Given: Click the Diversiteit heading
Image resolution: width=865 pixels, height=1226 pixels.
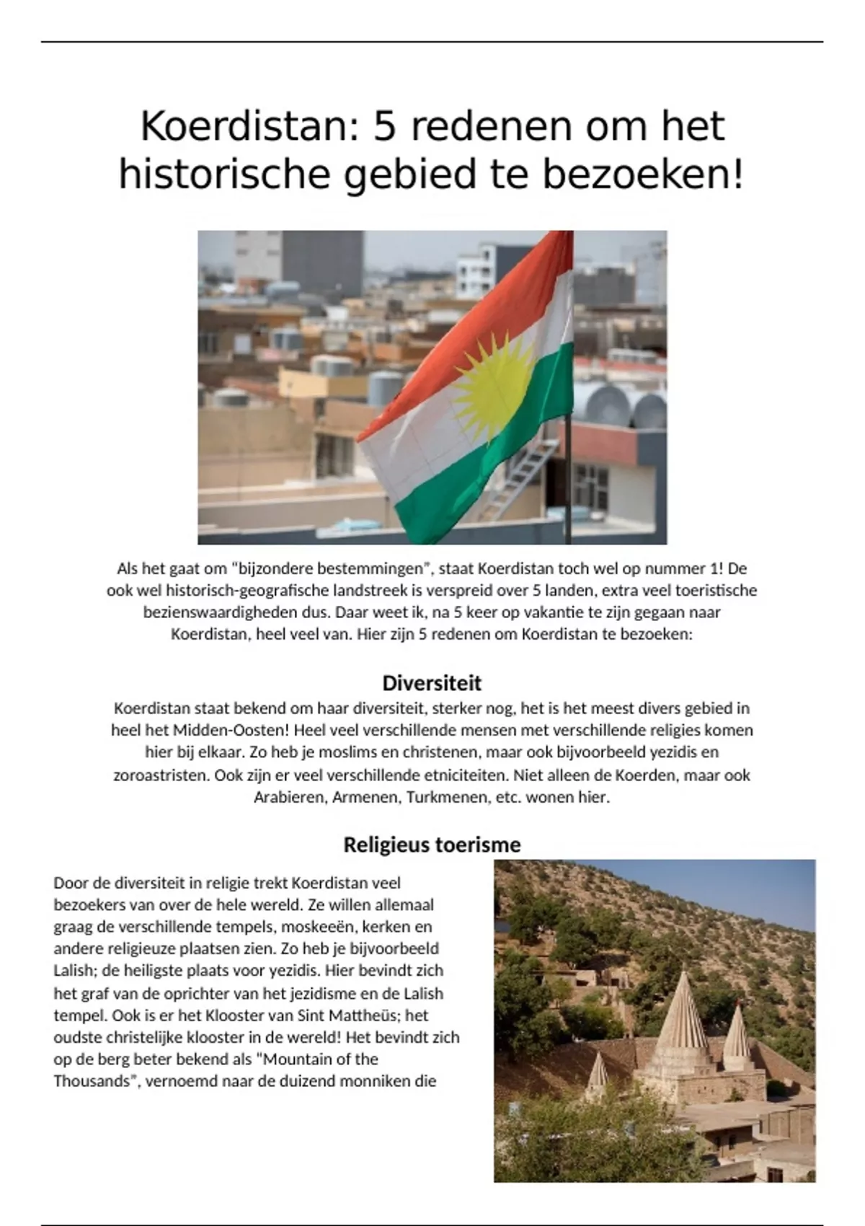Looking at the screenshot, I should [432, 683].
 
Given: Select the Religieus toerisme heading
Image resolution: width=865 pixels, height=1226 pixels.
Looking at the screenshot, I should [432, 844].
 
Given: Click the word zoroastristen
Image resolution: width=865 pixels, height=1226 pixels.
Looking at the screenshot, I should [160, 776].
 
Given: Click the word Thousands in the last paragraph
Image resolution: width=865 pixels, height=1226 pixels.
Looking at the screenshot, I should [94, 1081].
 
